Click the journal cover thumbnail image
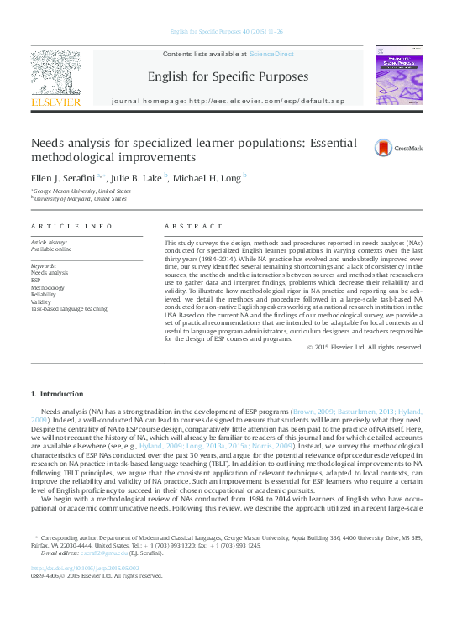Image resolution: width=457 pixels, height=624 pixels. tap(394, 77)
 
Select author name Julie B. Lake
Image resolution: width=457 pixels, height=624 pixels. tap(137, 177)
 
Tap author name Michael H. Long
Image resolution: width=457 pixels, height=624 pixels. tap(209, 177)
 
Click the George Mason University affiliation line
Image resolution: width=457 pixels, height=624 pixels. tap(81, 191)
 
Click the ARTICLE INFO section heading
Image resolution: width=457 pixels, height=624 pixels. tap(71, 227)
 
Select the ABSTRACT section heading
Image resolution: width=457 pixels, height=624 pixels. tap(186, 227)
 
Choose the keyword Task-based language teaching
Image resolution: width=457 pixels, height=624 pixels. tap(69, 309)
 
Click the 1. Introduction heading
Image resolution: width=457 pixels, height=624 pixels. tap(57, 393)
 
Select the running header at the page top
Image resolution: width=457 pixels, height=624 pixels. tap(228, 31)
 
